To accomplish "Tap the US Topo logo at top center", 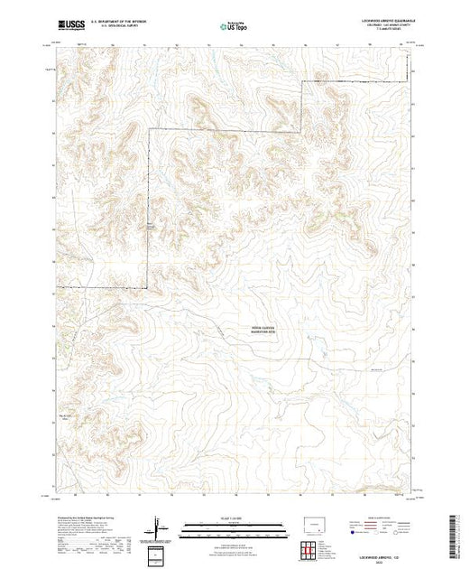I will click(x=235, y=27).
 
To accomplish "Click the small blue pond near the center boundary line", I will click(x=149, y=226).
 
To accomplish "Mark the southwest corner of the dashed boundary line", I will click(x=58, y=287).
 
